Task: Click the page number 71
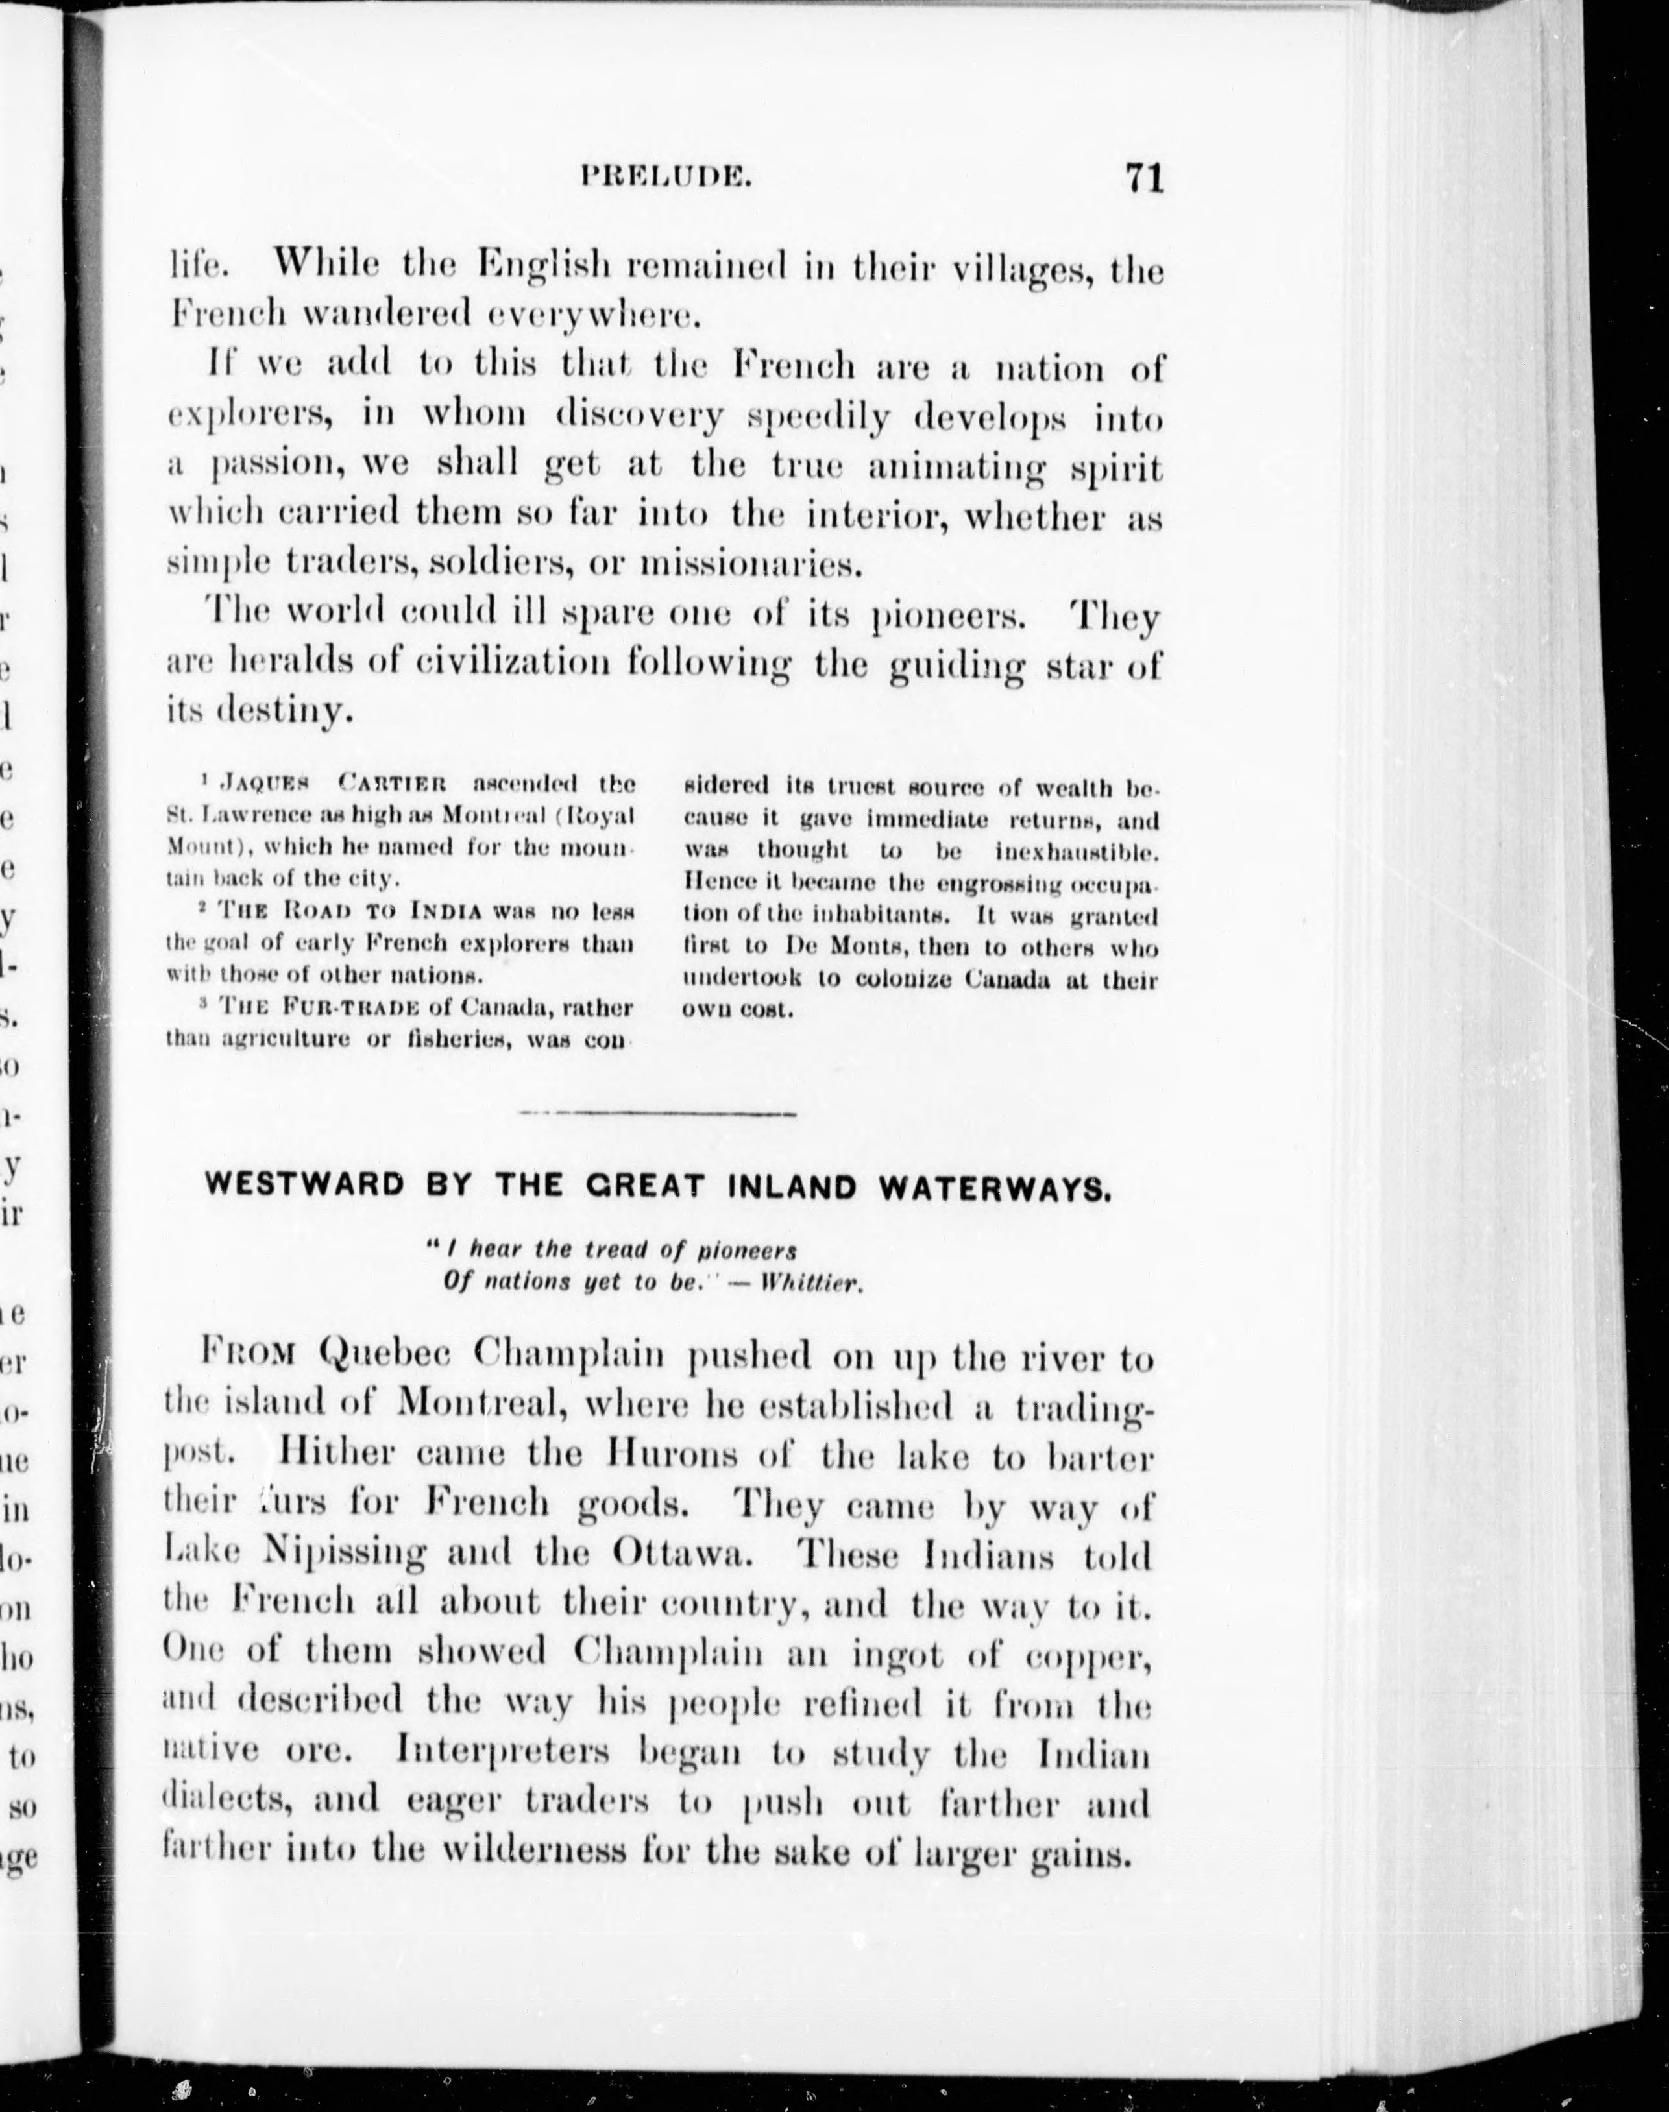1144,179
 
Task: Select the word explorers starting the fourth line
250,416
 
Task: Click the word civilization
515,666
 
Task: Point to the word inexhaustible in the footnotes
1076,852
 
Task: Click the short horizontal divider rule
657,1114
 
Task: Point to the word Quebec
383,1357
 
